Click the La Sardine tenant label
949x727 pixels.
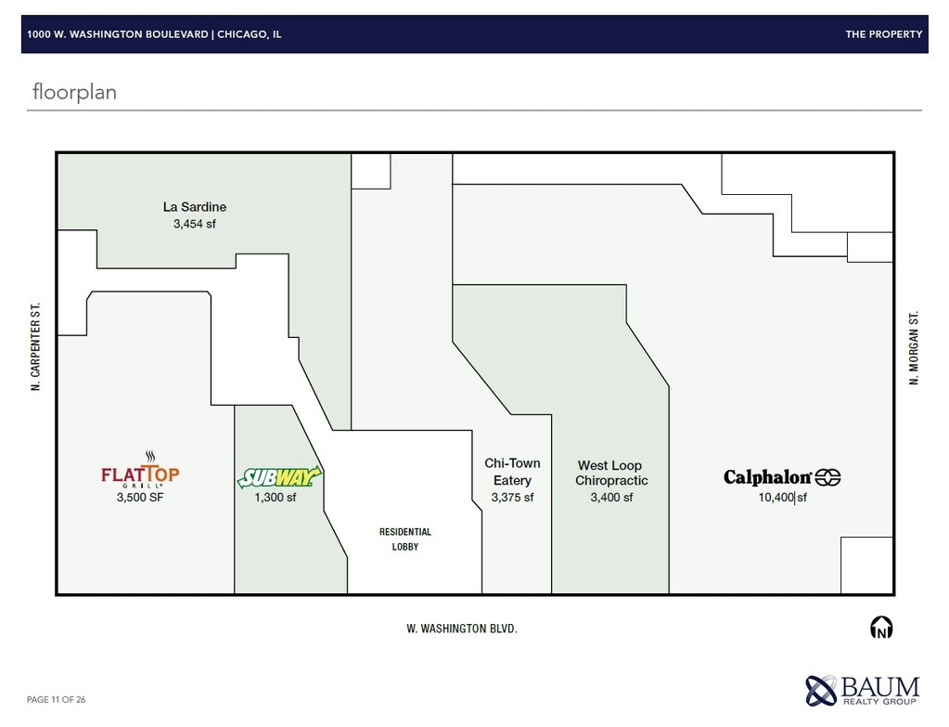(194, 207)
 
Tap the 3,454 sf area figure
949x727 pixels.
(194, 224)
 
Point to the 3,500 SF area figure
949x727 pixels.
(140, 497)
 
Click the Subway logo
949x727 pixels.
(279, 477)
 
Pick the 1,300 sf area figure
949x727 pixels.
(276, 498)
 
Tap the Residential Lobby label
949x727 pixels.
(404, 539)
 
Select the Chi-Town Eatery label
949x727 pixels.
(512, 472)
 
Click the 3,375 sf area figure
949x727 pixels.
(513, 498)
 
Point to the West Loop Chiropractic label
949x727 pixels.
(611, 473)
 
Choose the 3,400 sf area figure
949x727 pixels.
(611, 498)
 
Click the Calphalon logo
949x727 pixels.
(782, 477)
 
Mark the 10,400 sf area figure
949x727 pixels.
(783, 498)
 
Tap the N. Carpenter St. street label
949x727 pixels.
(35, 346)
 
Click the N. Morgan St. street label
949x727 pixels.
(914, 348)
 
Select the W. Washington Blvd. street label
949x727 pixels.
(462, 629)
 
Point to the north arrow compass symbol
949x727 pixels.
(881, 628)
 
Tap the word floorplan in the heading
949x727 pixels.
(74, 92)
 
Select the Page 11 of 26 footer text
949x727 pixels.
(57, 699)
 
